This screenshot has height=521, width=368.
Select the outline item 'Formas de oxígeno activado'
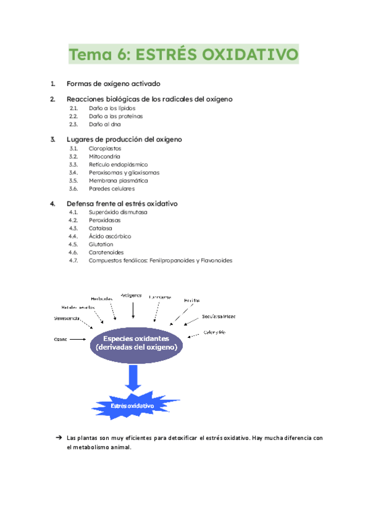pos(113,84)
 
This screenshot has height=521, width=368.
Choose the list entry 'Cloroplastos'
pos(105,148)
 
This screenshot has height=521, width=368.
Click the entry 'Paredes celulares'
pos(112,189)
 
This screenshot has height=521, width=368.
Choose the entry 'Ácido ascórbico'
pos(110,236)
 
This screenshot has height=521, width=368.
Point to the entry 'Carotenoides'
pos(106,252)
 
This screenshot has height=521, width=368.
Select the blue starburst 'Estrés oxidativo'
pos(132,406)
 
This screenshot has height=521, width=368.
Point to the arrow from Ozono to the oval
pos(79,339)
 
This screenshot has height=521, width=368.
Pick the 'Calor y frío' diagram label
pos(215,332)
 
